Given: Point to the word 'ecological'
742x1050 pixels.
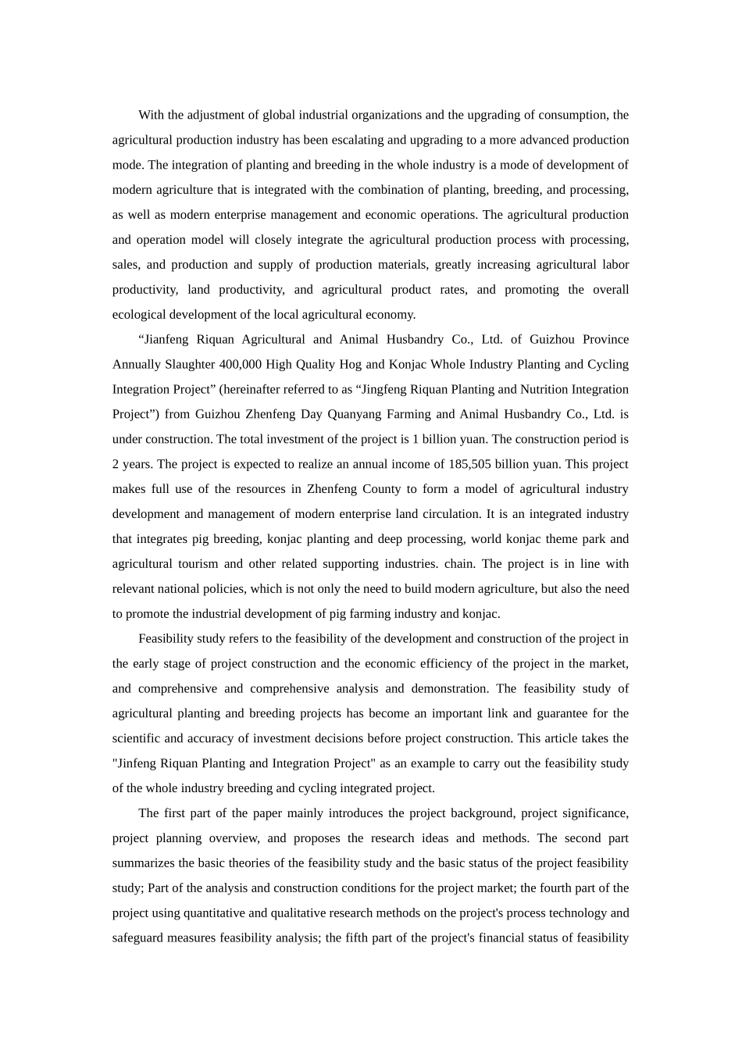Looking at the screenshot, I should [x=138, y=315].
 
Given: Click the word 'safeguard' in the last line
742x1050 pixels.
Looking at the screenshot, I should [x=138, y=938].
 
